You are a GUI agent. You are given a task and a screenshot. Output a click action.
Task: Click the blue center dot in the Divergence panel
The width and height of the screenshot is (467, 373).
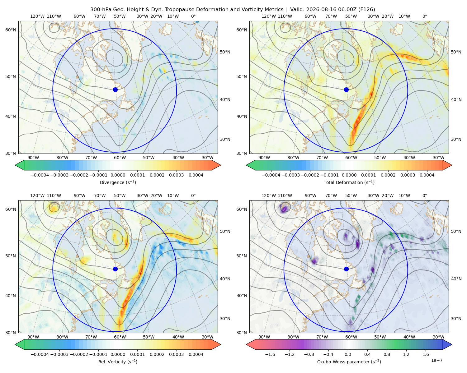point(115,90)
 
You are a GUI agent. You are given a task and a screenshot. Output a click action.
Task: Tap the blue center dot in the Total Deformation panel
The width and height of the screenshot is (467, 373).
point(346,90)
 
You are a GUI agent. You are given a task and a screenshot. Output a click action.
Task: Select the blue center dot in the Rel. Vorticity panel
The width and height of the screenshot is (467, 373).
point(115,269)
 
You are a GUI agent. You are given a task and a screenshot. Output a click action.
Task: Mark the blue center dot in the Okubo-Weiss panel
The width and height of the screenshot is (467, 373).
point(346,269)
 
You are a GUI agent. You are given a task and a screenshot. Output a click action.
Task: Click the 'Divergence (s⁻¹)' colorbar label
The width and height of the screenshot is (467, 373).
point(118,182)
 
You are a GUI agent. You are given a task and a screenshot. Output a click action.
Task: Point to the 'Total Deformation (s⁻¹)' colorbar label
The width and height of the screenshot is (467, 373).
point(349,182)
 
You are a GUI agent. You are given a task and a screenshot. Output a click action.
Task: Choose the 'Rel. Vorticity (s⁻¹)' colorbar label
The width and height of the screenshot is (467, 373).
point(118,362)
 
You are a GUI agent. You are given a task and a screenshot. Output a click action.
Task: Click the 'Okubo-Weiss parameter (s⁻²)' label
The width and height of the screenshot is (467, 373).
point(349,362)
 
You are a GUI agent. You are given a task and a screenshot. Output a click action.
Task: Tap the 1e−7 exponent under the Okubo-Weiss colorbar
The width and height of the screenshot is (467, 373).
point(436,360)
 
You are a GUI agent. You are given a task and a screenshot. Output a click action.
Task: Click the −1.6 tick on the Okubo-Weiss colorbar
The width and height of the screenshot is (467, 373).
point(270,354)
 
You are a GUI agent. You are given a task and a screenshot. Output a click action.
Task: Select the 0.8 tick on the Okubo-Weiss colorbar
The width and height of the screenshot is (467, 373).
point(387,354)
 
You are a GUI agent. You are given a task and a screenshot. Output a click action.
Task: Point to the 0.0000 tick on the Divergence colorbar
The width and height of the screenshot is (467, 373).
point(118,175)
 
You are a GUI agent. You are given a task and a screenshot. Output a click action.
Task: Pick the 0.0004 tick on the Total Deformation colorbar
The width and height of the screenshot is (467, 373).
point(427,175)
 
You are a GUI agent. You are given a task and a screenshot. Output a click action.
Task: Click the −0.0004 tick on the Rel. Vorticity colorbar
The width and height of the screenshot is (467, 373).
point(40,354)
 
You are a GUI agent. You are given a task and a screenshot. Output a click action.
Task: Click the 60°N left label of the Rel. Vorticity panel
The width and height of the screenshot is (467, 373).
point(11,209)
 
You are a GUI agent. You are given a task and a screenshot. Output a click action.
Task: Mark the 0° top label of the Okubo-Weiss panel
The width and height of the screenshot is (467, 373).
point(424,196)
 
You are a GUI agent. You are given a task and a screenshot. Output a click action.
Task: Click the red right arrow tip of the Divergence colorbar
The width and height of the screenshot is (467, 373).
point(220,165)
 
